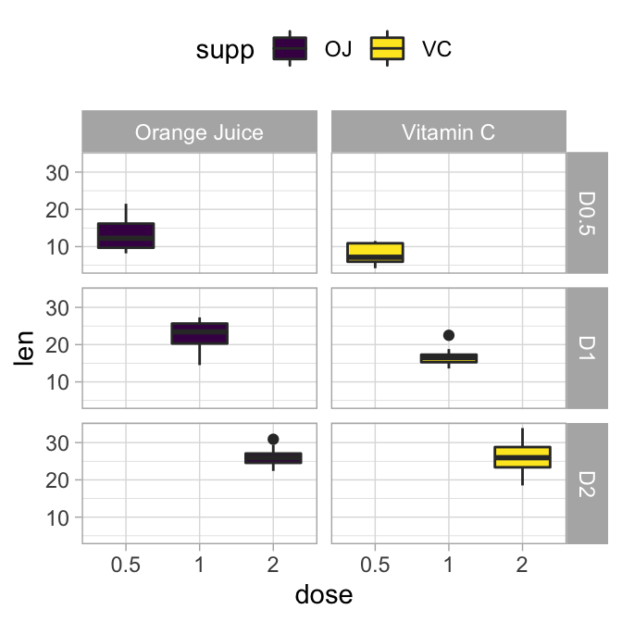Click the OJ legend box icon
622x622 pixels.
tap(290, 49)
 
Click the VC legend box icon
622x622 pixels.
tap(387, 49)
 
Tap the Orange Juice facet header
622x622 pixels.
tap(199, 132)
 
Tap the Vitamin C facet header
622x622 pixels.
tap(448, 132)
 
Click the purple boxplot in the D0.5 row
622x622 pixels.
tap(126, 235)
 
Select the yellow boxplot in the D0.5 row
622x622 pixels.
tap(375, 252)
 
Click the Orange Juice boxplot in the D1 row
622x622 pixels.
tap(200, 333)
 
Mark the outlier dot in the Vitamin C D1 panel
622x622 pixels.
tap(449, 335)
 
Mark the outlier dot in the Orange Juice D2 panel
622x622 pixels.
tap(273, 440)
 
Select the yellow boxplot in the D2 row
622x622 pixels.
tap(522, 457)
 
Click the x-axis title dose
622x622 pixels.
tap(323, 594)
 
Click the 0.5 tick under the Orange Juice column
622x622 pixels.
tap(126, 562)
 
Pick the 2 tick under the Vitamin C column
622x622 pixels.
tap(522, 562)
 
